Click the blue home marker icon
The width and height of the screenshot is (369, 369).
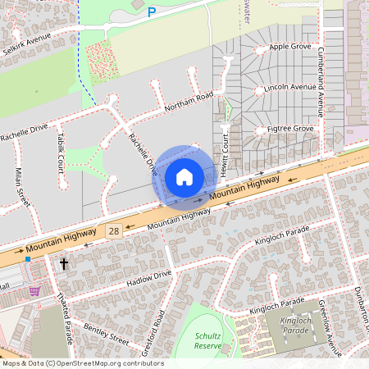tap(184, 176)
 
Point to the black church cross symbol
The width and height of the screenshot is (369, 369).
tap(64, 264)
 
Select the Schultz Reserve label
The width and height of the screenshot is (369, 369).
tap(208, 340)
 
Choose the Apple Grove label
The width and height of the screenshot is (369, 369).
tap(290, 48)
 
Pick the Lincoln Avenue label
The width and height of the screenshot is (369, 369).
tap(290, 87)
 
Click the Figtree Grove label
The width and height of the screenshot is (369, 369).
tap(291, 129)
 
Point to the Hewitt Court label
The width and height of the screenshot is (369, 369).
tap(221, 151)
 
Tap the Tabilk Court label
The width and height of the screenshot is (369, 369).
tap(61, 153)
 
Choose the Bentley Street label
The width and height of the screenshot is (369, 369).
tap(106, 333)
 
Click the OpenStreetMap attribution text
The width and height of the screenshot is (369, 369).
tap(82, 363)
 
